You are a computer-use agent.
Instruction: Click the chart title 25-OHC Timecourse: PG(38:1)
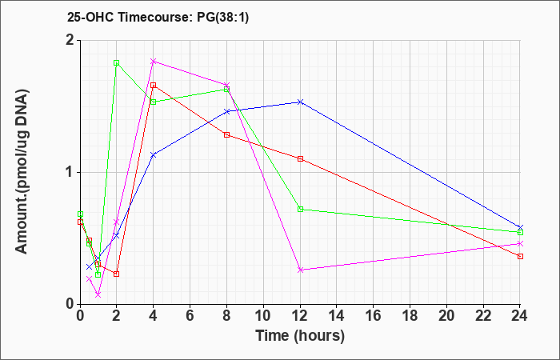click(x=158, y=17)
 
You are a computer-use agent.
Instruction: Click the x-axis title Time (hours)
click(x=300, y=336)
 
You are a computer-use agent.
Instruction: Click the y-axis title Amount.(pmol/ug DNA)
click(x=22, y=172)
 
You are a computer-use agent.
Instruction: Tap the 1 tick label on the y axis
click(x=70, y=172)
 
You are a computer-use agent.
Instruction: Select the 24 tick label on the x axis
click(x=520, y=316)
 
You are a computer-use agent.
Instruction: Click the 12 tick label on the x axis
click(x=300, y=316)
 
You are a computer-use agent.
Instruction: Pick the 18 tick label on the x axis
click(x=410, y=316)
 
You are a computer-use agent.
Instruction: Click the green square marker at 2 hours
click(x=116, y=63)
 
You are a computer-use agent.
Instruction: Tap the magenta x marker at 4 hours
click(x=154, y=61)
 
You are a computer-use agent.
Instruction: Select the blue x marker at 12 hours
click(x=300, y=102)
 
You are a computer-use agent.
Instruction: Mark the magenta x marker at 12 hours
click(x=300, y=270)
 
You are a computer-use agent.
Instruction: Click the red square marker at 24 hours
click(x=520, y=256)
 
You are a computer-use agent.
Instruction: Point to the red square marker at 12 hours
click(x=300, y=158)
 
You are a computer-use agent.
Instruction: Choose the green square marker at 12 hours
click(x=300, y=209)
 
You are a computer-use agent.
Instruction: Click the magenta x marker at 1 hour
click(x=98, y=294)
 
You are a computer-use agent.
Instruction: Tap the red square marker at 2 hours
click(x=116, y=274)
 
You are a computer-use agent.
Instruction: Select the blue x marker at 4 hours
click(x=154, y=154)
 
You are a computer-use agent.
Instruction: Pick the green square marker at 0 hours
click(x=80, y=214)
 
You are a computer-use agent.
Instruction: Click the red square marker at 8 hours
click(x=226, y=134)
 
